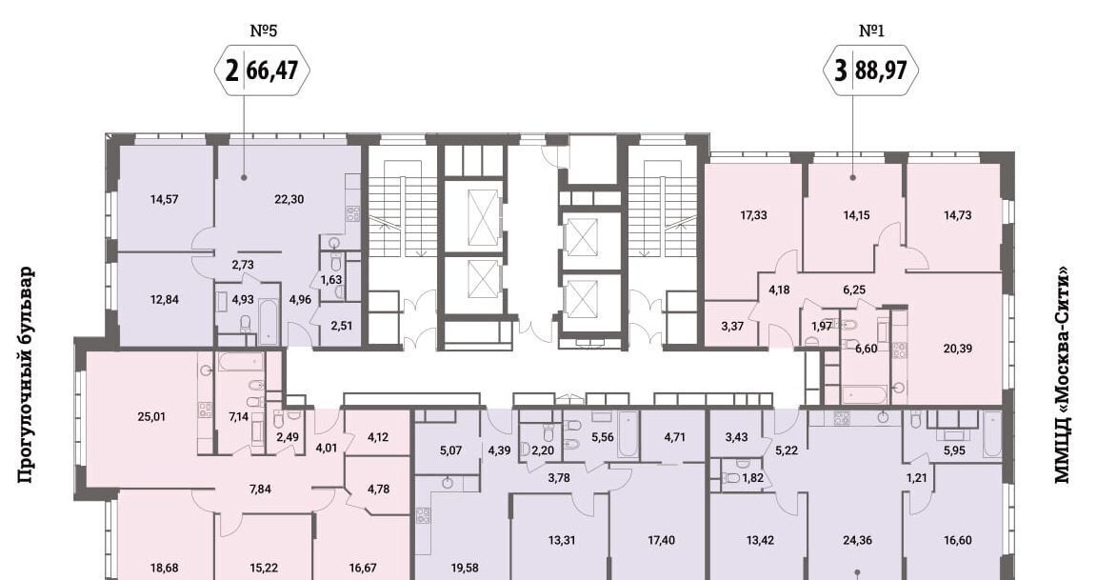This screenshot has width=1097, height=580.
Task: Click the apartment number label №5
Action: pyautogui.click(x=264, y=30)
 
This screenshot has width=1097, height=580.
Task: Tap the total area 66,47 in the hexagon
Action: pyautogui.click(x=273, y=70)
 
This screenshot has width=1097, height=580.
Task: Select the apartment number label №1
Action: pyautogui.click(x=871, y=30)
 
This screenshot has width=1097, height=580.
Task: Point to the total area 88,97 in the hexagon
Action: pyautogui.click(x=882, y=70)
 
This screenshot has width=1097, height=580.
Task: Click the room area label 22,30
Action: pyautogui.click(x=289, y=199)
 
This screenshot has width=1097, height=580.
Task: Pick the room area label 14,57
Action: pyautogui.click(x=165, y=199)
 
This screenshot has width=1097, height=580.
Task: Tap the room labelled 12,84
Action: pyautogui.click(x=165, y=299)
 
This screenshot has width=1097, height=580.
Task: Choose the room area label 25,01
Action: pyautogui.click(x=151, y=417)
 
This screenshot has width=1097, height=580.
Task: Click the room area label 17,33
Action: pyautogui.click(x=753, y=215)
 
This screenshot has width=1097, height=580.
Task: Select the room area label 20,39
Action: pyautogui.click(x=957, y=349)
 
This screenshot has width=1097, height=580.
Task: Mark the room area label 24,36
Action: pyautogui.click(x=857, y=540)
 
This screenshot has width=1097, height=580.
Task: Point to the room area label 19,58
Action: pyautogui.click(x=465, y=569)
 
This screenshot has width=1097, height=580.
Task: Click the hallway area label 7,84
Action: pyautogui.click(x=260, y=489)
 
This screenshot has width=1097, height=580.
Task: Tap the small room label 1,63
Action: pyautogui.click(x=331, y=281)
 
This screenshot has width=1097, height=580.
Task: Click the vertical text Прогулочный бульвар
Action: pyautogui.click(x=25, y=375)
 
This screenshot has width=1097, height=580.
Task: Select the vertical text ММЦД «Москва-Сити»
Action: pyautogui.click(x=1062, y=375)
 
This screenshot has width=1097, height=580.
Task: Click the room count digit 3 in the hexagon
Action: pyautogui.click(x=841, y=70)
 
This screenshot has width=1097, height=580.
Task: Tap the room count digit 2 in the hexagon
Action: pyautogui.click(x=231, y=70)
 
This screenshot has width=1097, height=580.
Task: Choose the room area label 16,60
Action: pyautogui.click(x=957, y=540)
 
